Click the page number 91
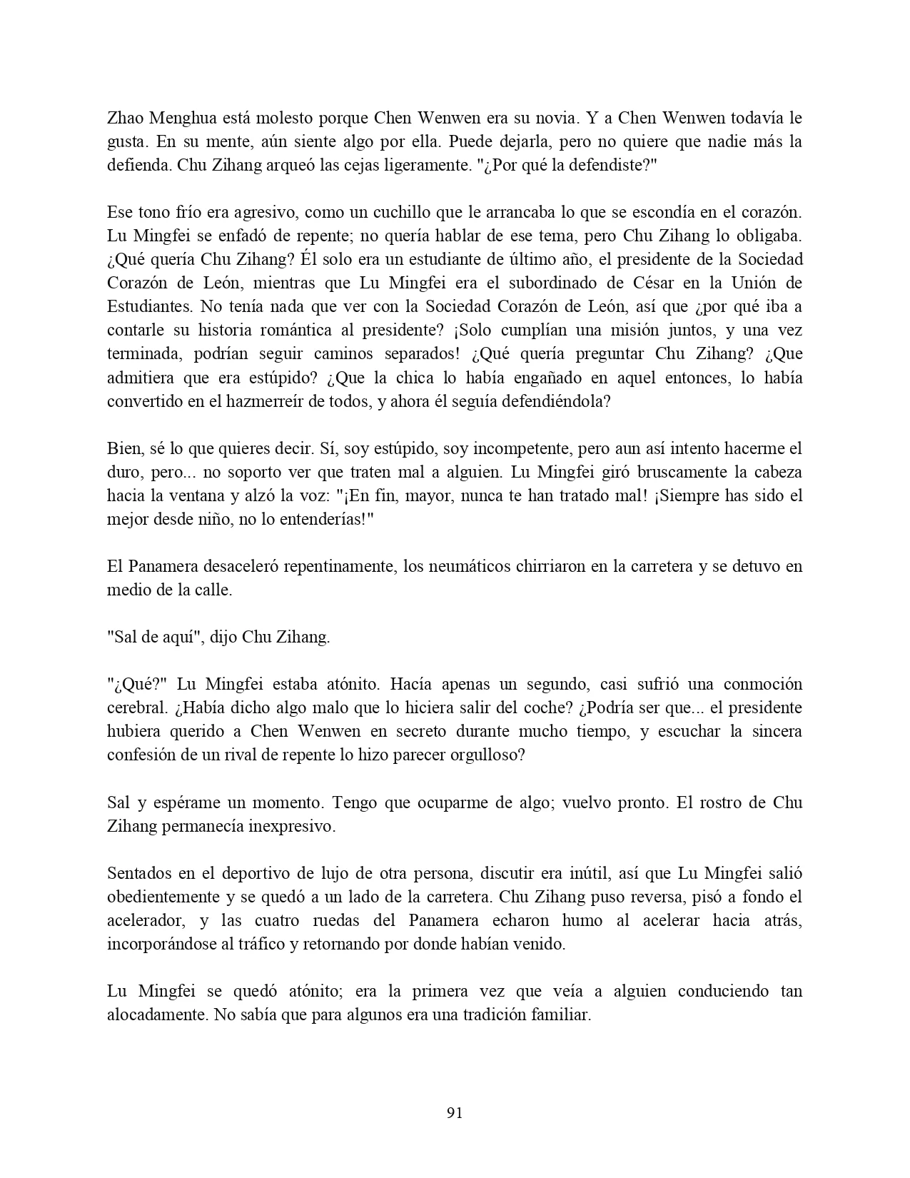[455, 1112]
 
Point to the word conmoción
[762, 684]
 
